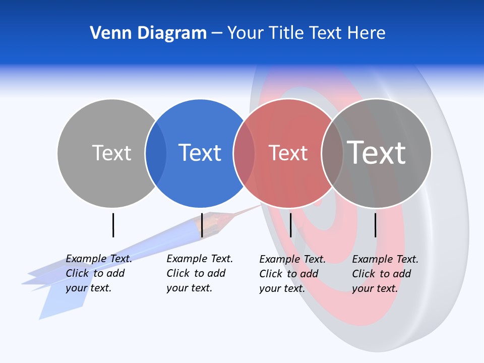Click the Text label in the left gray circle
(x=111, y=153)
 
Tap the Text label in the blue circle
(x=200, y=153)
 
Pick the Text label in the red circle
(x=288, y=153)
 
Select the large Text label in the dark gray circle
(x=376, y=152)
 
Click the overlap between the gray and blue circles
(x=156, y=153)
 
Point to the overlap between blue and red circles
(x=244, y=153)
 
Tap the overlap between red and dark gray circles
(x=332, y=153)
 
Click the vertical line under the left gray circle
(x=113, y=225)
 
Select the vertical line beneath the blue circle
(x=202, y=225)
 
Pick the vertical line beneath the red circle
(x=290, y=225)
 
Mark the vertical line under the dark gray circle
(x=375, y=225)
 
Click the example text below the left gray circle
(x=98, y=273)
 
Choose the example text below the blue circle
(x=199, y=273)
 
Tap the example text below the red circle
(x=292, y=274)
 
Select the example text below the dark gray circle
(x=385, y=274)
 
